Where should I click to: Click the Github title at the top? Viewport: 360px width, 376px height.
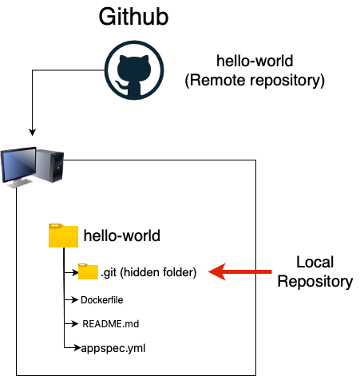[x=133, y=18]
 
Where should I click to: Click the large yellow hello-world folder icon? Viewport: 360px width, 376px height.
[x=63, y=236]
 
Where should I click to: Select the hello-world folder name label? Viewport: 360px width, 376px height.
[x=122, y=235]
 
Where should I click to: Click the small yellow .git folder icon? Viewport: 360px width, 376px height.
[x=88, y=272]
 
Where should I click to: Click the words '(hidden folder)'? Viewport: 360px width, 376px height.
[x=159, y=272]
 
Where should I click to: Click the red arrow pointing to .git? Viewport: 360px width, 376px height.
[x=240, y=272]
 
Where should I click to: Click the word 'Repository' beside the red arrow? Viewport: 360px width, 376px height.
[x=320, y=281]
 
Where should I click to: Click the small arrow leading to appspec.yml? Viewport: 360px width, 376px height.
[x=73, y=349]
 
